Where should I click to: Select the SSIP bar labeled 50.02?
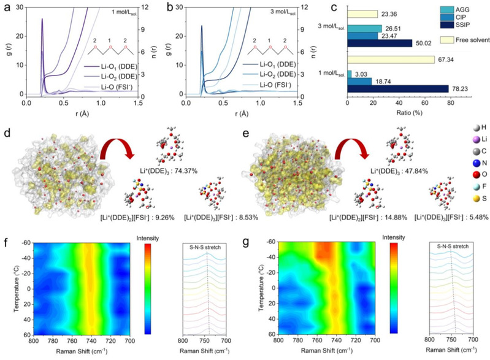[380, 43]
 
